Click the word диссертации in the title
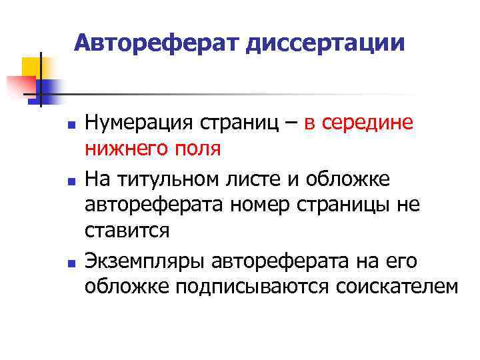coord(326,44)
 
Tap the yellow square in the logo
coord(31,67)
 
